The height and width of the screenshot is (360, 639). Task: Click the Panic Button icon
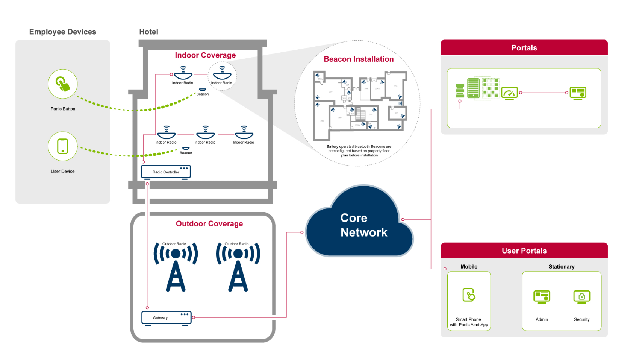(63, 84)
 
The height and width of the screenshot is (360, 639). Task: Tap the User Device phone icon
(63, 146)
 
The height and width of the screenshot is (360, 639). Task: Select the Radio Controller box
(166, 172)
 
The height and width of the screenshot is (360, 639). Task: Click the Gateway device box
(166, 317)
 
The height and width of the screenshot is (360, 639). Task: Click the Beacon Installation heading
(359, 59)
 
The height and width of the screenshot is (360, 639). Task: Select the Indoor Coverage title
(205, 55)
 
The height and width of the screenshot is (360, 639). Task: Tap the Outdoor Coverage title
(209, 224)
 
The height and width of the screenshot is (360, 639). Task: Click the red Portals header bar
(524, 48)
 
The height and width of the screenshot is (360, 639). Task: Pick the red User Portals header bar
(524, 251)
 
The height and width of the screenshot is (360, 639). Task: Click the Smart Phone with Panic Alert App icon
(469, 295)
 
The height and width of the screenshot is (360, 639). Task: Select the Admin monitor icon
(542, 297)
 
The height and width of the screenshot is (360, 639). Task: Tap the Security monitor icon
(581, 297)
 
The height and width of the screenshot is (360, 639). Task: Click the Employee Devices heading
(63, 32)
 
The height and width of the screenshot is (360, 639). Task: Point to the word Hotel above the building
(148, 32)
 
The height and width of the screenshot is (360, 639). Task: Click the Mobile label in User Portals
(469, 267)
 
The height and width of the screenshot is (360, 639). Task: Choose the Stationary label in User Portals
(561, 267)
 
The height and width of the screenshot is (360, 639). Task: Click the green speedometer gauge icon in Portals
(509, 93)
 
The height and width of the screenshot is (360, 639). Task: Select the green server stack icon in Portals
(460, 90)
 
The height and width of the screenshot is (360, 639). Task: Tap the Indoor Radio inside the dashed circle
(222, 74)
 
